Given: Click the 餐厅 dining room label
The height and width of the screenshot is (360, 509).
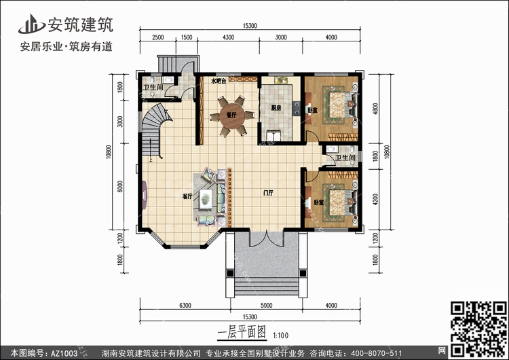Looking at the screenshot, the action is (x=231, y=115).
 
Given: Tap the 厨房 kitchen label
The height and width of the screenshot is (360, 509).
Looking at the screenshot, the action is (x=276, y=108).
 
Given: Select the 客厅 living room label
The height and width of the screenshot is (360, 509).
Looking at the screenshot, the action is (x=187, y=196).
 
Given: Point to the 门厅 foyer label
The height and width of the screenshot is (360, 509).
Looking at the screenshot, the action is (x=268, y=193).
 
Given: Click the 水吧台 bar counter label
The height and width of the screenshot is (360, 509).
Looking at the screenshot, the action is (x=218, y=81).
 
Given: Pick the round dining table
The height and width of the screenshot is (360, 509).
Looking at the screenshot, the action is (x=231, y=116).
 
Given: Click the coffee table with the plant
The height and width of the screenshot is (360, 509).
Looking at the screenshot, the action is (x=206, y=198).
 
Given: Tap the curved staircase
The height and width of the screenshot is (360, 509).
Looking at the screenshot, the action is (x=153, y=130).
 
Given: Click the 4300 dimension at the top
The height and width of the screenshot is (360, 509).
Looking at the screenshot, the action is (x=228, y=37).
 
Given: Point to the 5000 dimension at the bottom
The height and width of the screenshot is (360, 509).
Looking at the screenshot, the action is (x=266, y=306).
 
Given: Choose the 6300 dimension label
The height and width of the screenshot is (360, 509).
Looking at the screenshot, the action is (x=185, y=306).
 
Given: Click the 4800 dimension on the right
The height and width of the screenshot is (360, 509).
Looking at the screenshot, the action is (x=375, y=109).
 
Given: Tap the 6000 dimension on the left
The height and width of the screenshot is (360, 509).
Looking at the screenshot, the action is (x=120, y=187).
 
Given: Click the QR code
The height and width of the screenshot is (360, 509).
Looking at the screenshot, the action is (x=478, y=329).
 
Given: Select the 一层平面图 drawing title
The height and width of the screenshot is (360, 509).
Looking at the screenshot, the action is (x=242, y=333).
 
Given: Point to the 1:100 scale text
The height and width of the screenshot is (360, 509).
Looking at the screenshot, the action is (x=281, y=335).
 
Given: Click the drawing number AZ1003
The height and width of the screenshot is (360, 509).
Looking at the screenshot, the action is (x=64, y=353).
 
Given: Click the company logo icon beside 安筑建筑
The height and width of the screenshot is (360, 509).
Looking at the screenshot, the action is (x=31, y=24).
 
